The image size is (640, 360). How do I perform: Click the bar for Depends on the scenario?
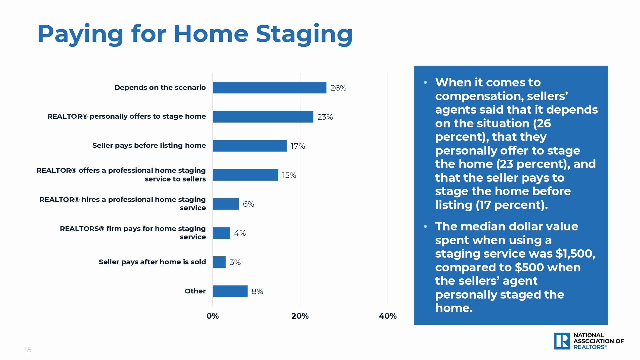(x=269, y=88)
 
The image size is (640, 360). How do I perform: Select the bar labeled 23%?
(x=263, y=117)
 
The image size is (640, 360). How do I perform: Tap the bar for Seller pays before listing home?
(x=250, y=146)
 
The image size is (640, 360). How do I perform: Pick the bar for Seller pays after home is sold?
(x=219, y=262)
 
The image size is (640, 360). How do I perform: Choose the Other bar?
(x=230, y=291)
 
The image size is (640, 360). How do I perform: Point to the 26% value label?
(x=338, y=88)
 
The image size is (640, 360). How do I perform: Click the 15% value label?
(x=289, y=175)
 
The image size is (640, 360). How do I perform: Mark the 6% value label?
(x=248, y=204)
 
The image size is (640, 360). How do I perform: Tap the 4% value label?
(x=240, y=233)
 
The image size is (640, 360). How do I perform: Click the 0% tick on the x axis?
(x=213, y=316)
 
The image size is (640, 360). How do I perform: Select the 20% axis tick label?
(x=300, y=316)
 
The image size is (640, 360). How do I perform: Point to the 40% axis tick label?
(x=388, y=316)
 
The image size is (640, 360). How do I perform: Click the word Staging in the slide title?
(x=304, y=35)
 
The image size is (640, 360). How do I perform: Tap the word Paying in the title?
(x=80, y=35)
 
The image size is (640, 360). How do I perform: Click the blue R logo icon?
(x=562, y=341)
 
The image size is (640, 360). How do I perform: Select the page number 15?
(x=28, y=350)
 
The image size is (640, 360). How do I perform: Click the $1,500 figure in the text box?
(x=575, y=254)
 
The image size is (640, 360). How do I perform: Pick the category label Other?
(x=195, y=291)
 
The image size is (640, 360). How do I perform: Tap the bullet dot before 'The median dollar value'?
(x=425, y=227)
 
